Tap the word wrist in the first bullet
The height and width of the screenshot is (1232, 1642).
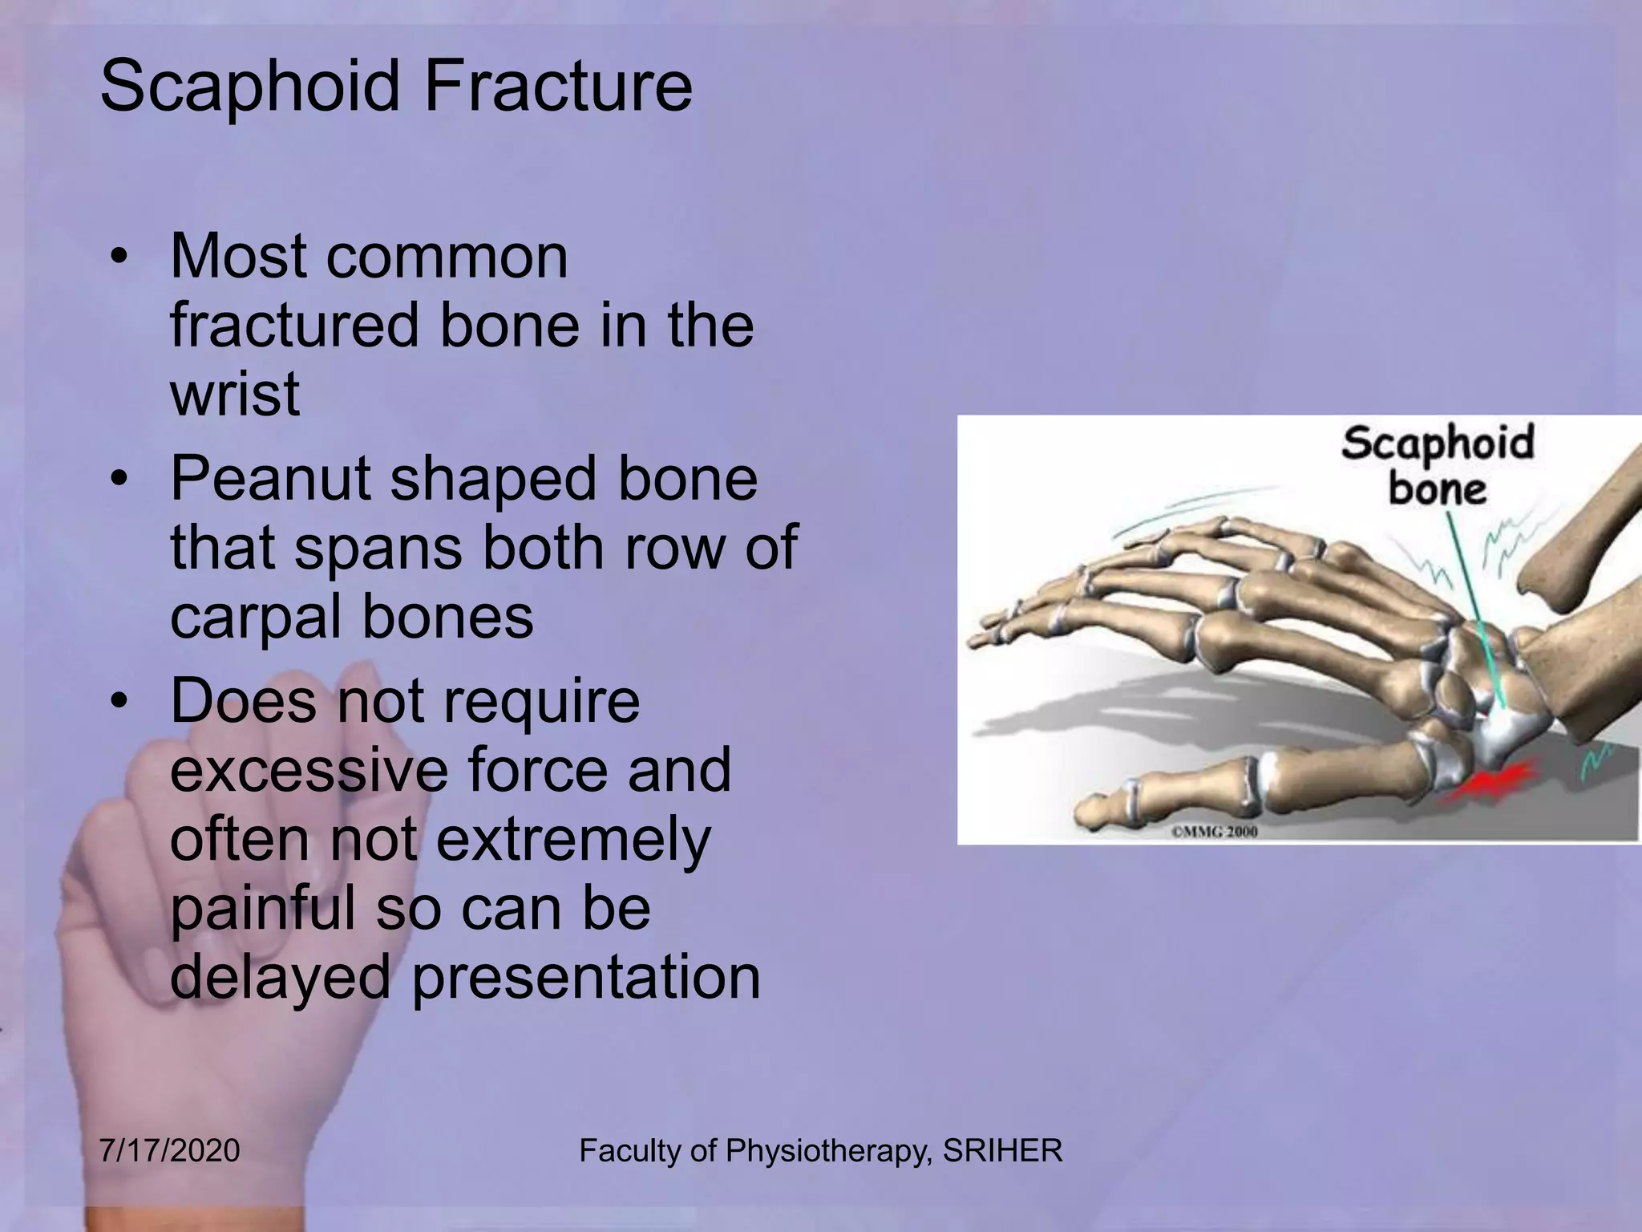coord(234,395)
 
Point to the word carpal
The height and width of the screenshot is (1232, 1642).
coord(256,618)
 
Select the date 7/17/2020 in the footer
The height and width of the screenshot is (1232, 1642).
coord(169,1151)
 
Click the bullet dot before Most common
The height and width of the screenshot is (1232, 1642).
coord(119,258)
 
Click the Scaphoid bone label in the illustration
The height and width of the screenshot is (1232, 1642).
coord(1438,466)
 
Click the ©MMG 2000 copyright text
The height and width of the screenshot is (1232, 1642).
coord(1214,832)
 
